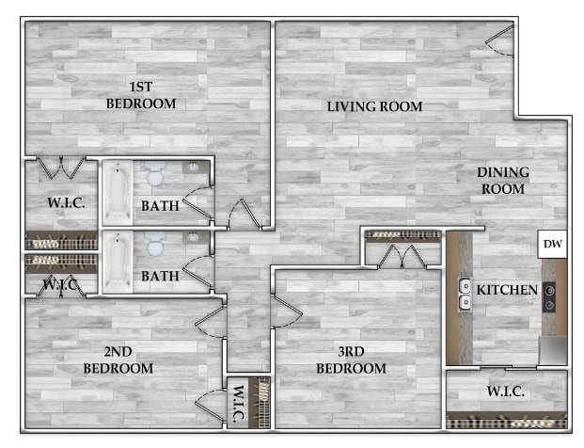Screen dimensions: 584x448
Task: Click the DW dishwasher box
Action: pos(552,244)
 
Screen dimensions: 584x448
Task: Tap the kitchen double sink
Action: pos(465,295)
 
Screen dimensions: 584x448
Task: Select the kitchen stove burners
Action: pos(549,297)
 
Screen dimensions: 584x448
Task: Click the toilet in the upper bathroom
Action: pos(155,174)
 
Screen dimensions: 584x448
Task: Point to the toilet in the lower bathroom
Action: pos(156,244)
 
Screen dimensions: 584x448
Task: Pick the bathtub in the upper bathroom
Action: pos(118,193)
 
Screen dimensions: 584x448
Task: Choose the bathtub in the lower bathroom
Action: pos(118,262)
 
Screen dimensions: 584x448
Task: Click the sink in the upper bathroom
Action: pos(193,167)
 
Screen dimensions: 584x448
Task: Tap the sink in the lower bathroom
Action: pos(193,237)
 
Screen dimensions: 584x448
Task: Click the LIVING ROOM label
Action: pos(374,106)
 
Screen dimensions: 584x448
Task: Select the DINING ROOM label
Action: pos(503,181)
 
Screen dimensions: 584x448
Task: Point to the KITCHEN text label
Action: pos(507,290)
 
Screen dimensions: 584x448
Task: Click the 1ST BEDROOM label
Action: pos(141,95)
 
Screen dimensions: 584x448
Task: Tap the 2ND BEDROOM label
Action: pos(118,360)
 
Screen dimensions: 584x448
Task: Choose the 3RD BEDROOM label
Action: pos(351,360)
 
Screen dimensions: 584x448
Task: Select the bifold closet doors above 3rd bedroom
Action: pos(402,257)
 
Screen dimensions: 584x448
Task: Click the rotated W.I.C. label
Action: pos(238,403)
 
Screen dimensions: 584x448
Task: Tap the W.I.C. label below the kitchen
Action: pos(506,392)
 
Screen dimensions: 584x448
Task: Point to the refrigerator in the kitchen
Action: pos(553,350)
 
